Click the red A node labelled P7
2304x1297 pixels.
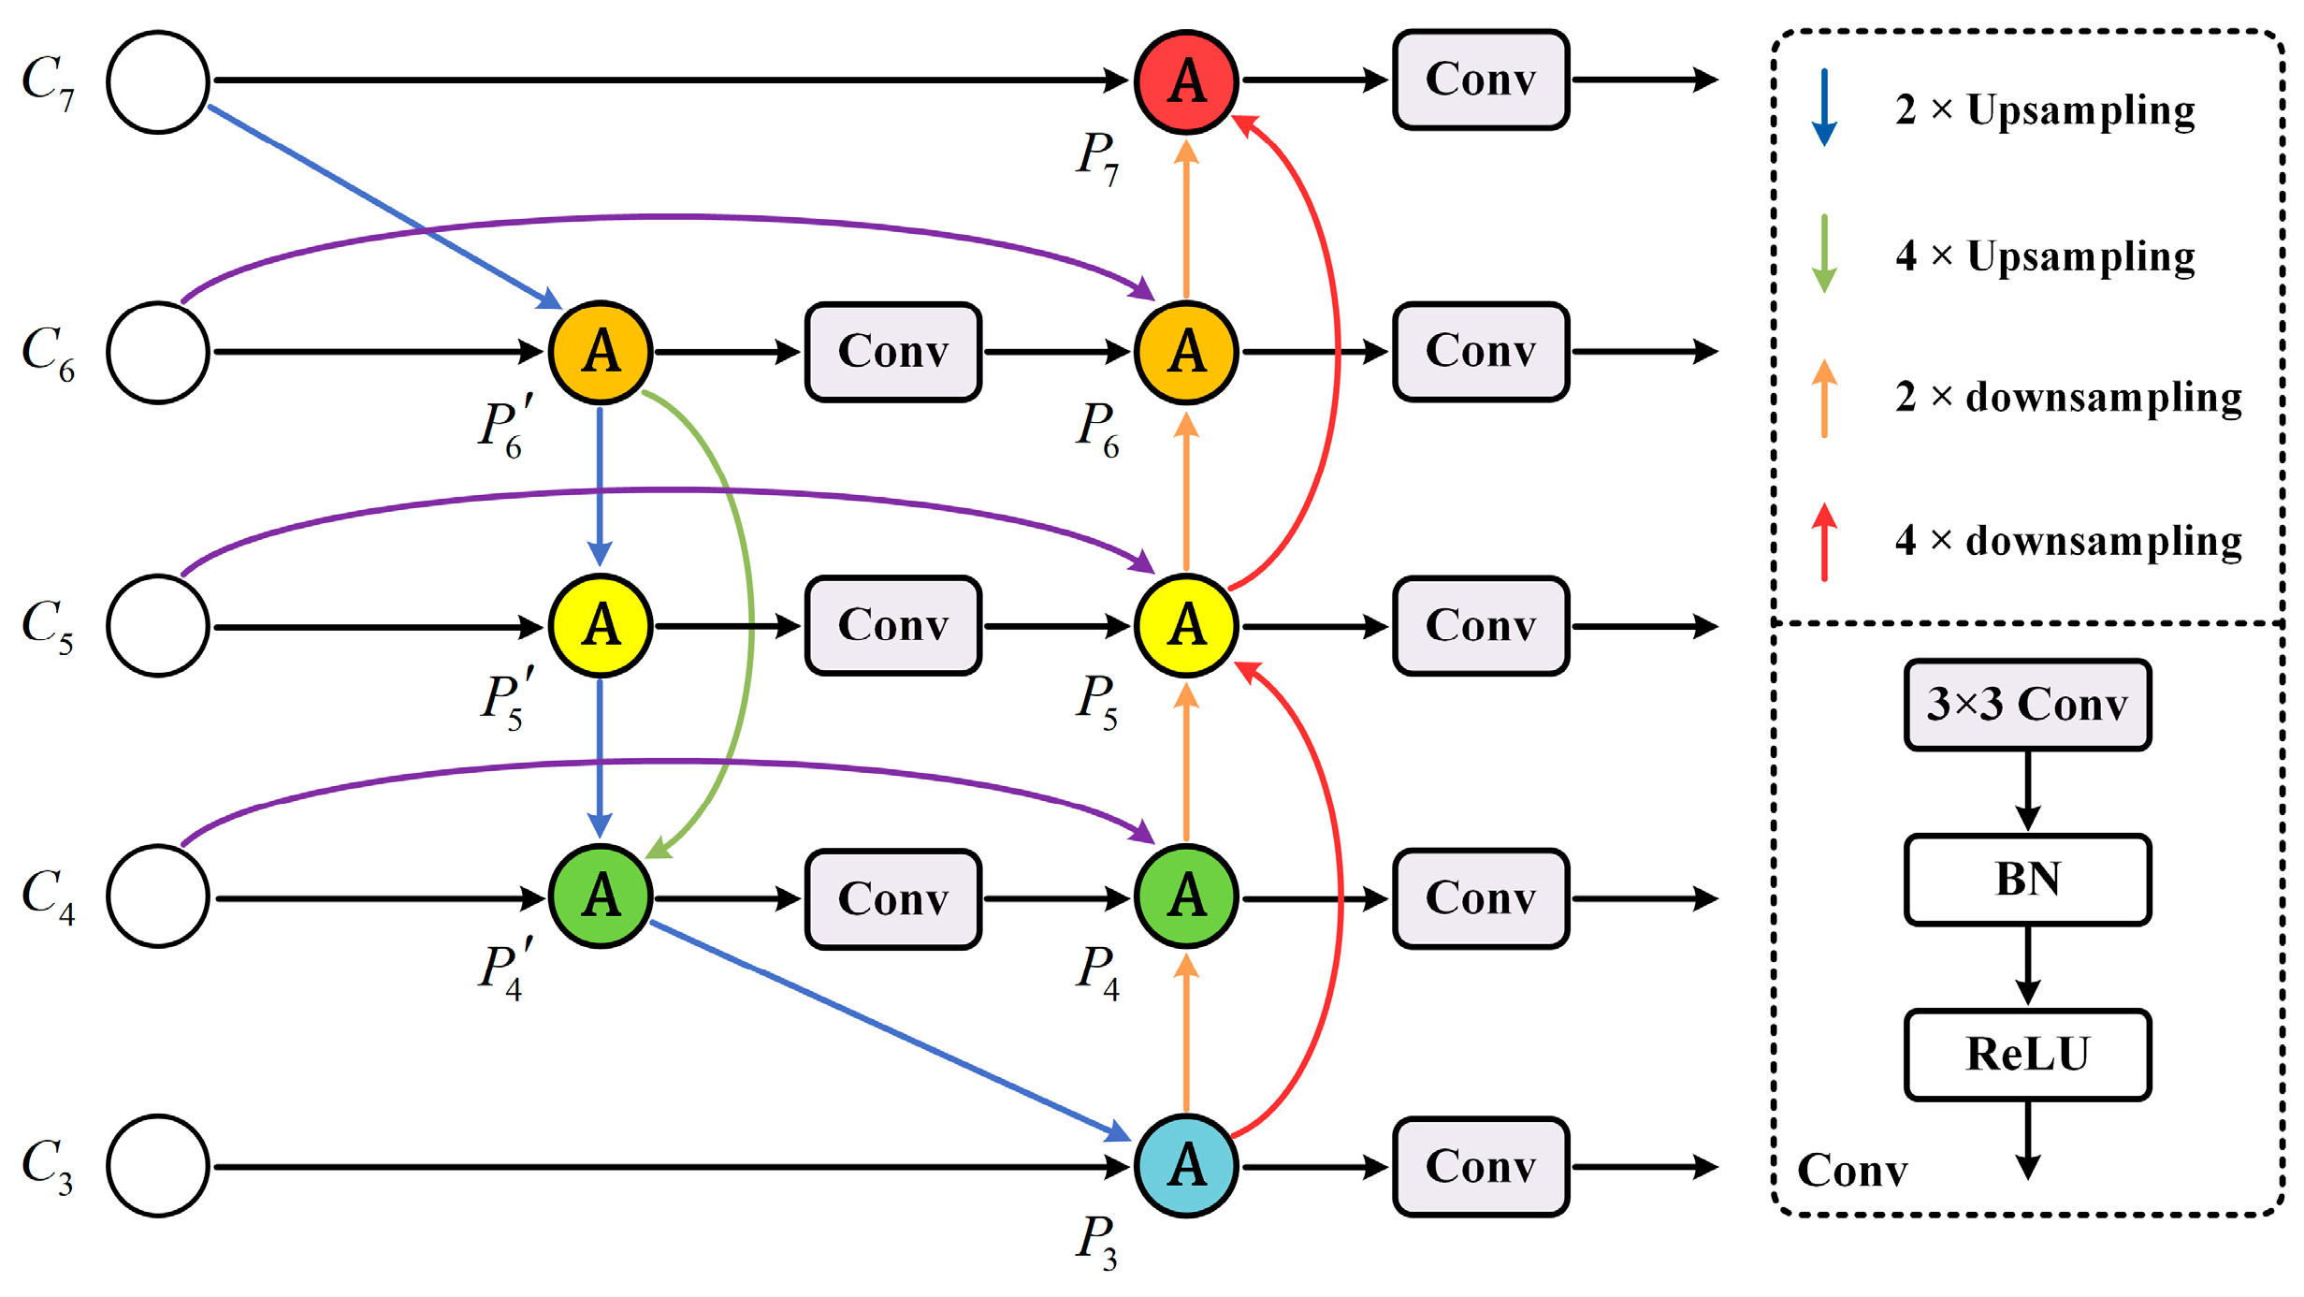point(1186,81)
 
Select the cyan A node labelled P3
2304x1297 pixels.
point(1186,1165)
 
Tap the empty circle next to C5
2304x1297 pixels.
point(157,625)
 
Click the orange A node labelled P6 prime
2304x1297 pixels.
point(600,352)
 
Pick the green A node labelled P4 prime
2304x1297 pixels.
point(600,896)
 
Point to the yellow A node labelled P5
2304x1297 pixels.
point(1186,625)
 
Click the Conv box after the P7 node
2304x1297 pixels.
point(1480,80)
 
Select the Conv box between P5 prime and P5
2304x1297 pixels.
point(892,625)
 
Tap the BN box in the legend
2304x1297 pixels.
point(2027,879)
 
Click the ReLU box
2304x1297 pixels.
point(2027,1054)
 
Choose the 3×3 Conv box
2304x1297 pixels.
point(2027,704)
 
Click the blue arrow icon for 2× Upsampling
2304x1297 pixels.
point(1824,108)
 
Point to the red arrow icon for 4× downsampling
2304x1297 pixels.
point(1824,543)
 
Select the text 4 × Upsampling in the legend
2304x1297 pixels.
point(2045,255)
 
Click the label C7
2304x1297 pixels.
point(47,81)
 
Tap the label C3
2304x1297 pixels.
point(47,1165)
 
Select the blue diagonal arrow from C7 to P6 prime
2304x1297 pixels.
point(384,207)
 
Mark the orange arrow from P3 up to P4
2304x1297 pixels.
point(1186,1034)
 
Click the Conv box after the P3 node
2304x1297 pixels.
point(1480,1166)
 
